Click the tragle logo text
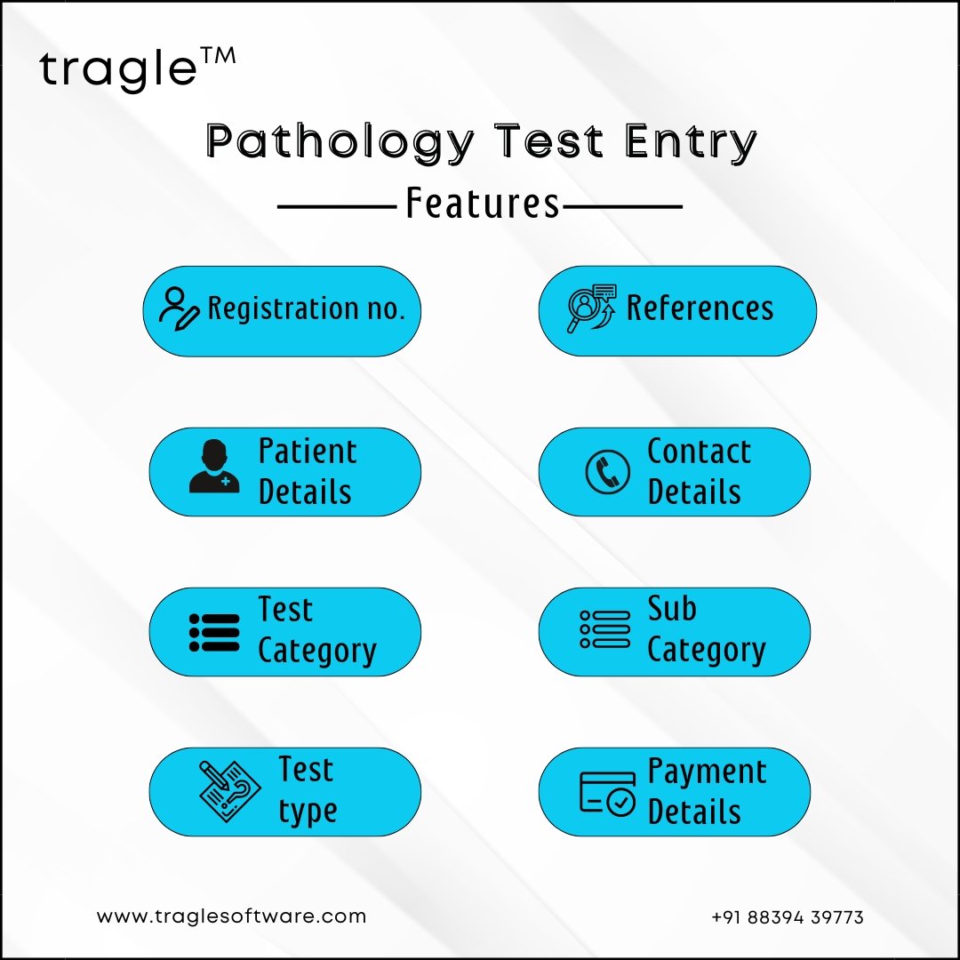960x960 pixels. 118,69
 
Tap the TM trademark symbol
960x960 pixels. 218,56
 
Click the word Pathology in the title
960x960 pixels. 340,142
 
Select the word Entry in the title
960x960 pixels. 692,142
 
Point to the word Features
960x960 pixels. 483,204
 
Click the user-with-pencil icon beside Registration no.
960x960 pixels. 179,309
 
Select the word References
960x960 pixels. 700,308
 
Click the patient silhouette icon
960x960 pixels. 213,466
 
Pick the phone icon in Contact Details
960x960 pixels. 607,472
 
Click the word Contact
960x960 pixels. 699,452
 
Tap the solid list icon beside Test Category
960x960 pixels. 214,633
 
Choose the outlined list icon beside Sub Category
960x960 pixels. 605,628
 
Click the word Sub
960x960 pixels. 672,609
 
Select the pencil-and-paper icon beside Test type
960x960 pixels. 226,792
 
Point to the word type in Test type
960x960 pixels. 308,812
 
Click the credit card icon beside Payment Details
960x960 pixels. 607,794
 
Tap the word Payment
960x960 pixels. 707,772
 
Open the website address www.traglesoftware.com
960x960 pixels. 231,916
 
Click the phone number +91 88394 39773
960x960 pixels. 788,917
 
